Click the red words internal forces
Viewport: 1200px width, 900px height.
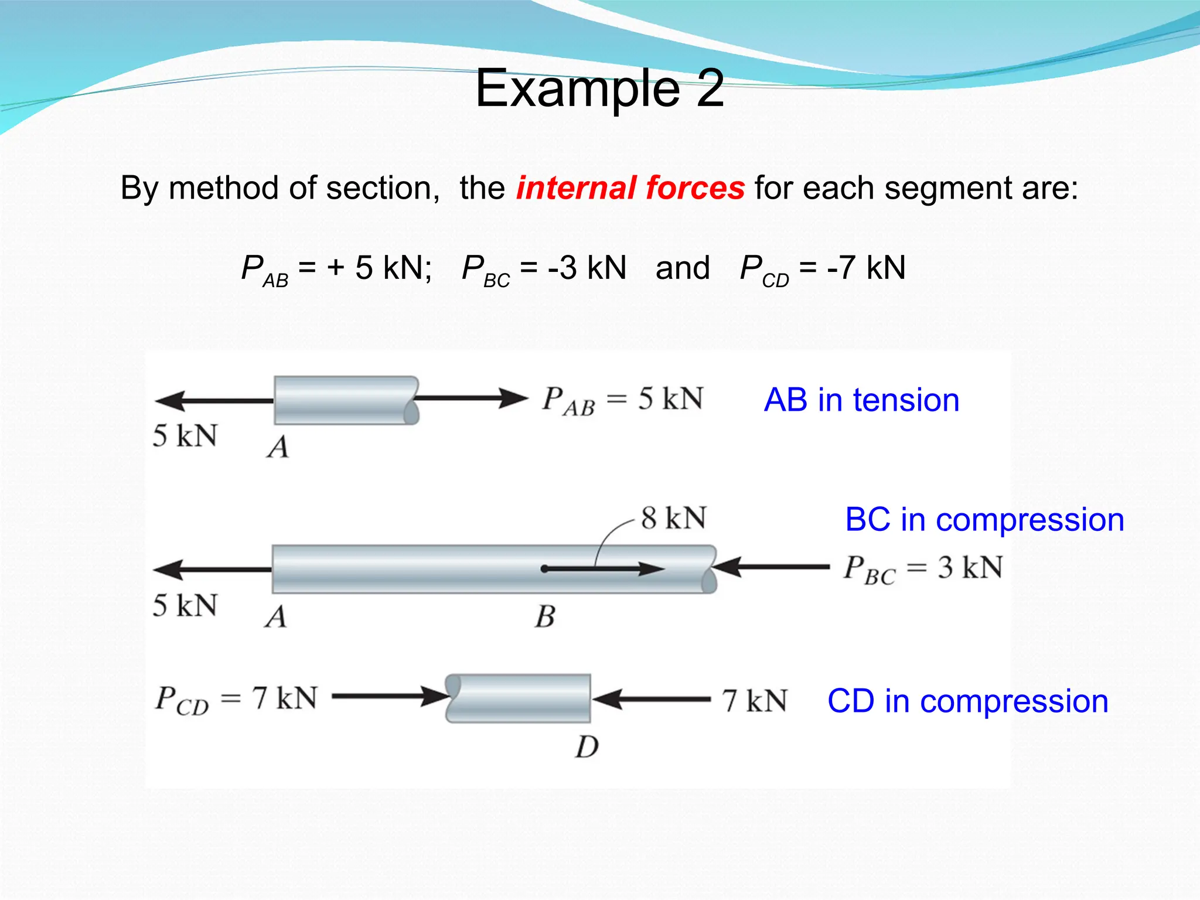[x=630, y=188]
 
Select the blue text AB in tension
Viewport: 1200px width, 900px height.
[x=861, y=400]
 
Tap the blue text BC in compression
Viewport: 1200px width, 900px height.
[x=984, y=520]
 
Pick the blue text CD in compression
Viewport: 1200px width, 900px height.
[x=967, y=701]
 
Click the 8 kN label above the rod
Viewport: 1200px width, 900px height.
[x=673, y=519]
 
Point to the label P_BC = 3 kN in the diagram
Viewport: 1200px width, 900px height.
[x=923, y=569]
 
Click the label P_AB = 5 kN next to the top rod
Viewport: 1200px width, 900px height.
[x=622, y=400]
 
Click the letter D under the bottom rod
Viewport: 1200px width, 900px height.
[x=587, y=747]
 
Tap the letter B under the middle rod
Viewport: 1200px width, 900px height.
[x=545, y=617]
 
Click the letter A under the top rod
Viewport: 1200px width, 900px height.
[x=278, y=448]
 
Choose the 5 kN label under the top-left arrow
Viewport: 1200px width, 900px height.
[x=185, y=436]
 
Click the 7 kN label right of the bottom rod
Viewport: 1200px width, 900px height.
[x=755, y=701]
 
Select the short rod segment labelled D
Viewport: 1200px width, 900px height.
[x=518, y=698]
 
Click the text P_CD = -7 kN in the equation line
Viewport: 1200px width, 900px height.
[x=823, y=269]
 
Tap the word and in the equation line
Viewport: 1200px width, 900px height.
[x=682, y=268]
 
